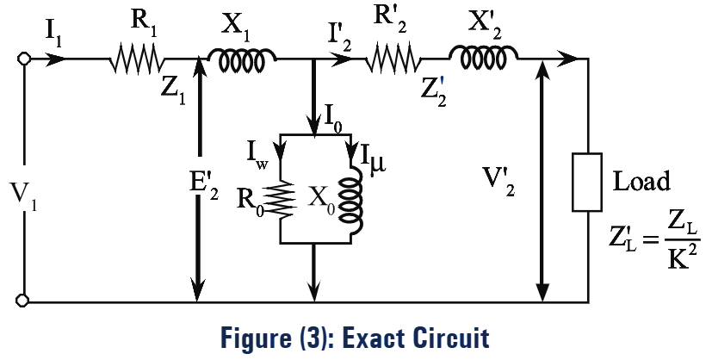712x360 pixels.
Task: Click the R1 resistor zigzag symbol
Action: (137, 60)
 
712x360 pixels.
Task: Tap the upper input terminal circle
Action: (25, 59)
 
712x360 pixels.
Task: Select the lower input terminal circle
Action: (25, 301)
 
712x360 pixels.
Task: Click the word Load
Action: (641, 183)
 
